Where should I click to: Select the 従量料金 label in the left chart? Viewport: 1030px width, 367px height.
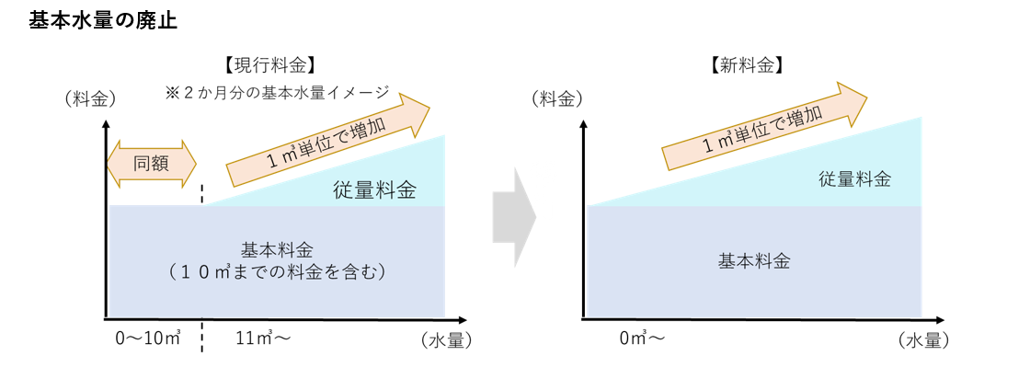point(374,191)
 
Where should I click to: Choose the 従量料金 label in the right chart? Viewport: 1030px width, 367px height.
point(854,179)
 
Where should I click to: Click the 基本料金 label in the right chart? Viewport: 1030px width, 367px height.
point(753,259)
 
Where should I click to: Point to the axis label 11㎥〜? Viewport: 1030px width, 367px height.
point(259,338)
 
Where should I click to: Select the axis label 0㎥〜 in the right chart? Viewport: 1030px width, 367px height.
point(642,338)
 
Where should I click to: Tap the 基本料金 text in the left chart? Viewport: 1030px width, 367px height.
point(277,249)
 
